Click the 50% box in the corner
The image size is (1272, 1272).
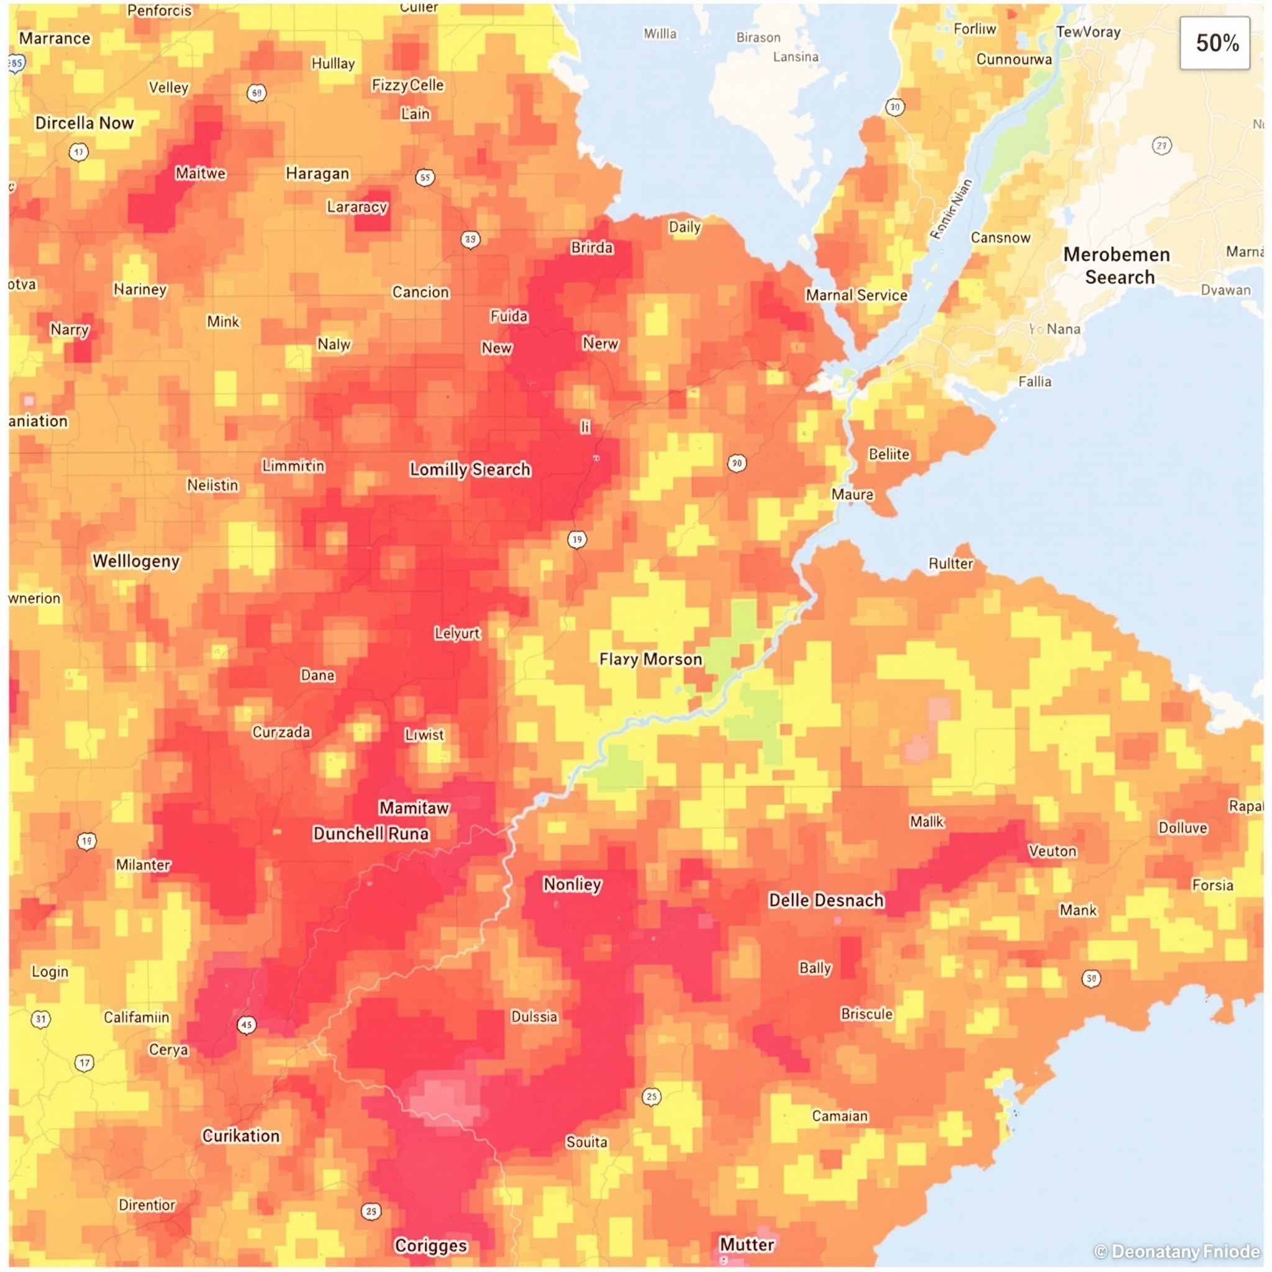(x=1215, y=43)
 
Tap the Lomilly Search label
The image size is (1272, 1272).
(x=470, y=470)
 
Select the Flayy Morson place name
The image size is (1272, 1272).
(x=650, y=659)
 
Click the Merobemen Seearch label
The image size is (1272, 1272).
(x=1117, y=265)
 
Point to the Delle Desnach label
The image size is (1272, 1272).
(x=825, y=900)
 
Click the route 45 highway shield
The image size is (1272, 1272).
(x=246, y=1024)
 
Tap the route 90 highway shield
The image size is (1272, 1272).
(x=737, y=463)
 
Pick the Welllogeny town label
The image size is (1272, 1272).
(x=135, y=561)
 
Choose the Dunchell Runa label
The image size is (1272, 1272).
(x=371, y=834)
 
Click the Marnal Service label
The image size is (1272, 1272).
(x=856, y=295)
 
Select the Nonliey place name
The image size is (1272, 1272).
(x=572, y=884)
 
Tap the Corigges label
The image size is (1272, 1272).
(x=430, y=1245)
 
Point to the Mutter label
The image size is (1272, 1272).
(x=747, y=1243)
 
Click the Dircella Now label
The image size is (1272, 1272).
(x=84, y=123)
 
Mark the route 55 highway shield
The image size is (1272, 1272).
(x=425, y=177)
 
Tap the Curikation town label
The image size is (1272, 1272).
(x=241, y=1135)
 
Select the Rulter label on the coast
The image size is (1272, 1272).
(x=950, y=563)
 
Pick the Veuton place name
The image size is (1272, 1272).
(x=1052, y=852)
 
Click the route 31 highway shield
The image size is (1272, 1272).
(x=41, y=1019)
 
